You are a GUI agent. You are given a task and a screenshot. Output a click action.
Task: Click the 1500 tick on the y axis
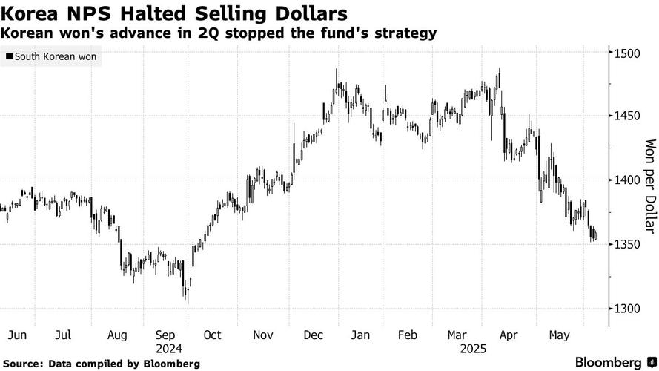pos(627,53)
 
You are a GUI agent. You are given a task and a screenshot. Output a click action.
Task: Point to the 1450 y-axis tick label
pos(627,116)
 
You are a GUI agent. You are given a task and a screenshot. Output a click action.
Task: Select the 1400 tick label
pos(627,180)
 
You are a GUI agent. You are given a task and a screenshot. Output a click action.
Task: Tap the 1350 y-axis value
pos(627,245)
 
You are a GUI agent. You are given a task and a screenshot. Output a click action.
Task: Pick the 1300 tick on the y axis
pos(627,309)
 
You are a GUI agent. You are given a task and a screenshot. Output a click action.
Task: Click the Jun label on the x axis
pos(17,335)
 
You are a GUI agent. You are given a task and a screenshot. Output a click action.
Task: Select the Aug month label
pos(117,335)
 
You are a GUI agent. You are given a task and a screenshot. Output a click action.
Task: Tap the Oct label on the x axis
pos(212,335)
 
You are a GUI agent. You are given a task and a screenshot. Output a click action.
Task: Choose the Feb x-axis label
pos(408,335)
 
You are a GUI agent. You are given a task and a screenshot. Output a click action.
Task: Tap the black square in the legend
pos(9,56)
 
